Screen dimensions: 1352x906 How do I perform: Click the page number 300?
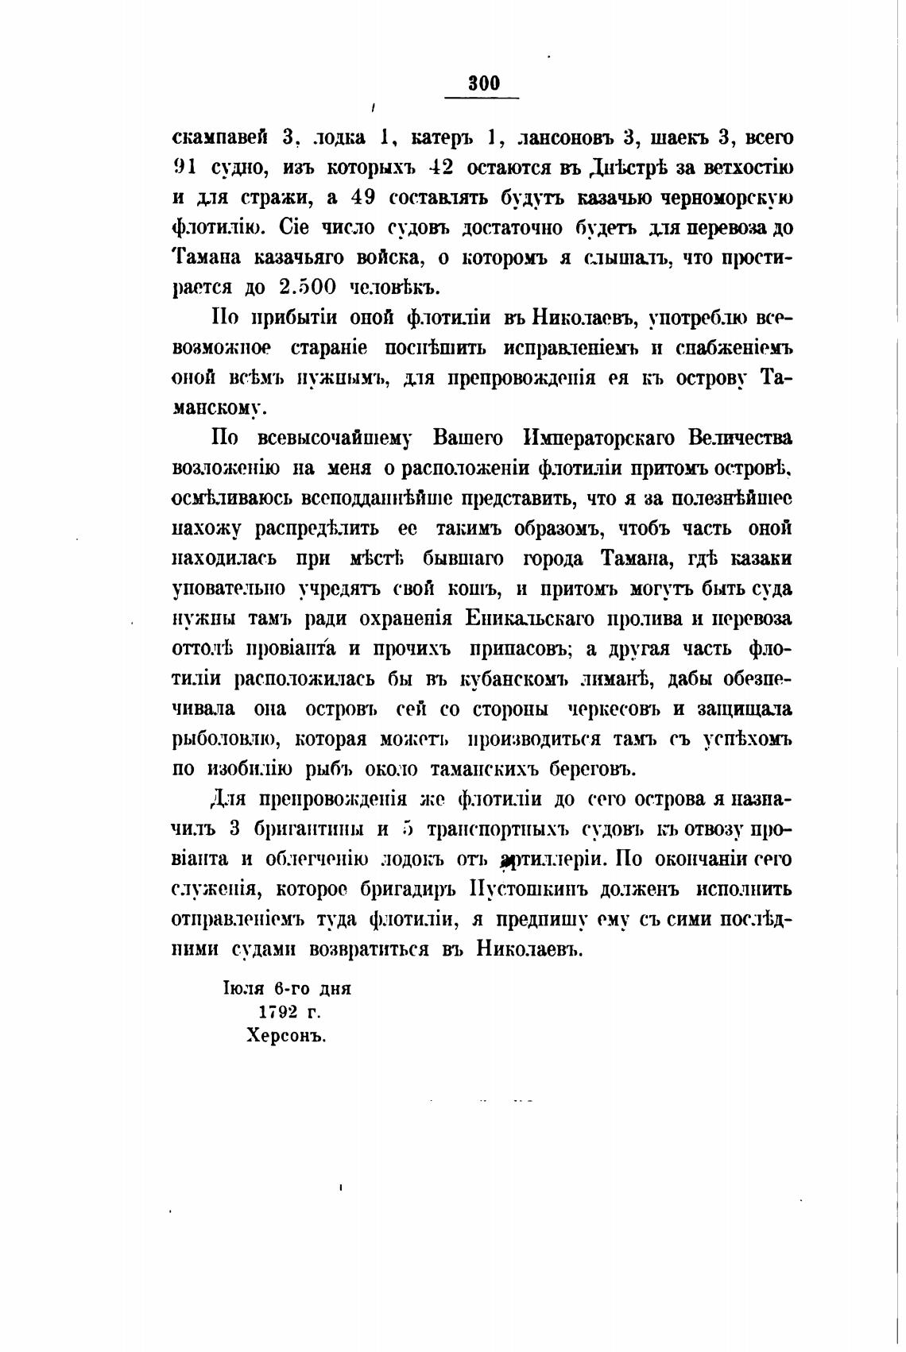(483, 83)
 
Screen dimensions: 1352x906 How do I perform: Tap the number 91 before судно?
(185, 168)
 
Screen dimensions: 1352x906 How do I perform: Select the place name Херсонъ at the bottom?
(287, 1036)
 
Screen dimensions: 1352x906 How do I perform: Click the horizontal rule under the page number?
(481, 98)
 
